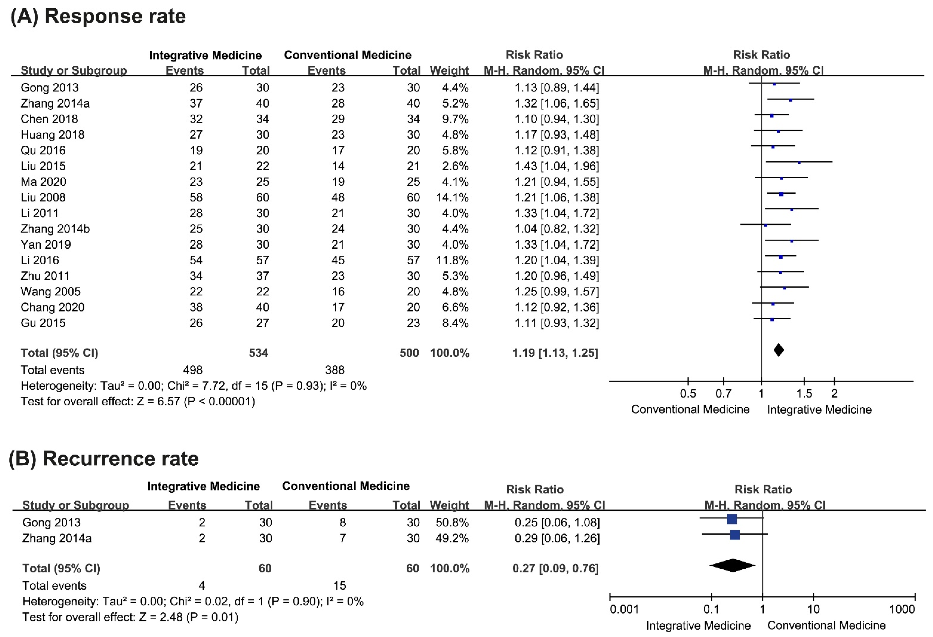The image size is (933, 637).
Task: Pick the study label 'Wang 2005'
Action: point(51,291)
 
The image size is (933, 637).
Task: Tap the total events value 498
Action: point(196,370)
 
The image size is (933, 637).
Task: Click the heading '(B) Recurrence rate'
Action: point(103,459)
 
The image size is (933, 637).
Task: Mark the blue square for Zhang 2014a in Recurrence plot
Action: point(735,534)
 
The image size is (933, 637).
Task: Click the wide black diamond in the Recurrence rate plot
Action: point(732,565)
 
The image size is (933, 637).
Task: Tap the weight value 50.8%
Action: point(452,522)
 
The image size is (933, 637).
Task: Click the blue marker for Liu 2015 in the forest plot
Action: point(799,162)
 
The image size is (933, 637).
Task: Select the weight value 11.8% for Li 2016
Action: point(452,260)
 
